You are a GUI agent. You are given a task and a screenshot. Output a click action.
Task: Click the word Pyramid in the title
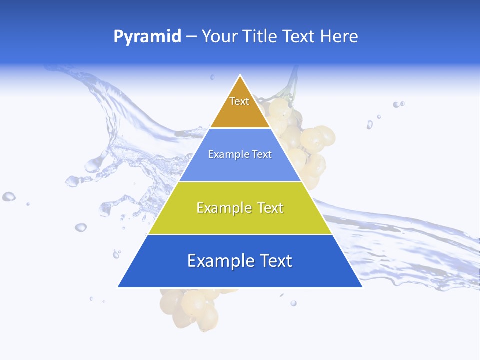(x=147, y=37)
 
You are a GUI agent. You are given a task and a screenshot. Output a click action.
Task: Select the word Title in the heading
(x=259, y=37)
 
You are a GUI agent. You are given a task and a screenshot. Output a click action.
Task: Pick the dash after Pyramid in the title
(x=191, y=37)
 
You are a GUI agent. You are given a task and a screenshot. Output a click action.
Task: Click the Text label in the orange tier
(x=239, y=101)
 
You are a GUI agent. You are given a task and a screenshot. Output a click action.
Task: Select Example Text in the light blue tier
(x=240, y=154)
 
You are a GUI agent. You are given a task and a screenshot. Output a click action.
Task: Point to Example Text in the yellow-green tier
(x=240, y=208)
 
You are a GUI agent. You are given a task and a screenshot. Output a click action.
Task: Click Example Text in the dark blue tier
(x=240, y=261)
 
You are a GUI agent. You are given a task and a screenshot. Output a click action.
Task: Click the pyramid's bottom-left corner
(x=118, y=287)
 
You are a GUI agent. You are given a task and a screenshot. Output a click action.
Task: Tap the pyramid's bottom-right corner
(x=362, y=287)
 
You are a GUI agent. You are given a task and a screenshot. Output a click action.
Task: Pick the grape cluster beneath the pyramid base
(x=190, y=307)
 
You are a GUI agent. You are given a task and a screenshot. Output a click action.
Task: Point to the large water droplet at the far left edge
(x=8, y=196)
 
